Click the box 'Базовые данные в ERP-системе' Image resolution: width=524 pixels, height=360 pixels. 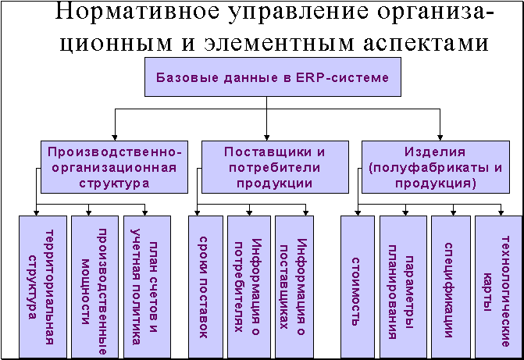click(273, 77)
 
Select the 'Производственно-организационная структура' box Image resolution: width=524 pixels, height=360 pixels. click(114, 167)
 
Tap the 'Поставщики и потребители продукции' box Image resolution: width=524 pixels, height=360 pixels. click(275, 167)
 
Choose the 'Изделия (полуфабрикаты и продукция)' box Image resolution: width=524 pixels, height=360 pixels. click(436, 167)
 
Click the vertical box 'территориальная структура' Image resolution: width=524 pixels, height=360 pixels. click(43, 287)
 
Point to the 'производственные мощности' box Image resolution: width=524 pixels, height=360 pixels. click(95, 287)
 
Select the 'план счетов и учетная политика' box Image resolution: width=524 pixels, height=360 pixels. click(147, 287)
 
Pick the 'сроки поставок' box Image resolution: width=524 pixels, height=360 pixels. click(205, 287)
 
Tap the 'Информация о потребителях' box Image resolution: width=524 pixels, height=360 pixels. click(249, 287)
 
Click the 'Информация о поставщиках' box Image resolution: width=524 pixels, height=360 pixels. click(294, 287)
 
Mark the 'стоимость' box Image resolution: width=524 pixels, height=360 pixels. click(358, 287)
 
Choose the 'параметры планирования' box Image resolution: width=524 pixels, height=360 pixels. click(403, 287)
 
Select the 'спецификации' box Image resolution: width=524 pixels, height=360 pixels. click(451, 287)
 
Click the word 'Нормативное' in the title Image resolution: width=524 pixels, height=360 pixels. click(137, 11)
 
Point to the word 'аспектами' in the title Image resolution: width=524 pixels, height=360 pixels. click(426, 44)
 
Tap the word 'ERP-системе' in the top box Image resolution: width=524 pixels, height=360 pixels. click(342, 77)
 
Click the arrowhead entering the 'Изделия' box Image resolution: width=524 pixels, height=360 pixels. click(440, 137)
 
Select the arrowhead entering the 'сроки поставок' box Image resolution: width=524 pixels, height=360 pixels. click(197, 212)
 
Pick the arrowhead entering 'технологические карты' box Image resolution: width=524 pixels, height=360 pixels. click(501, 212)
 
